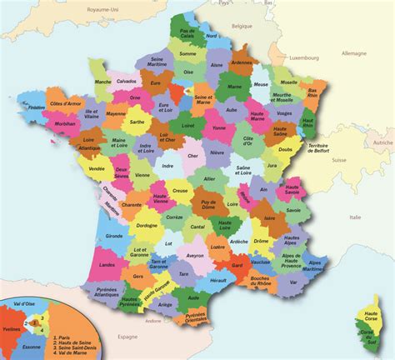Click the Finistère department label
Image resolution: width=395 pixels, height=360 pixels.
[x=36, y=107]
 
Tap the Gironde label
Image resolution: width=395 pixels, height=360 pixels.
[x=115, y=237]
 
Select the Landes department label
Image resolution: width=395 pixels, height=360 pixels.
[x=107, y=265]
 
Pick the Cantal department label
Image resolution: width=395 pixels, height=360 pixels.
[x=198, y=227]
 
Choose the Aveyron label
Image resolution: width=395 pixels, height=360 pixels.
[x=195, y=256]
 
